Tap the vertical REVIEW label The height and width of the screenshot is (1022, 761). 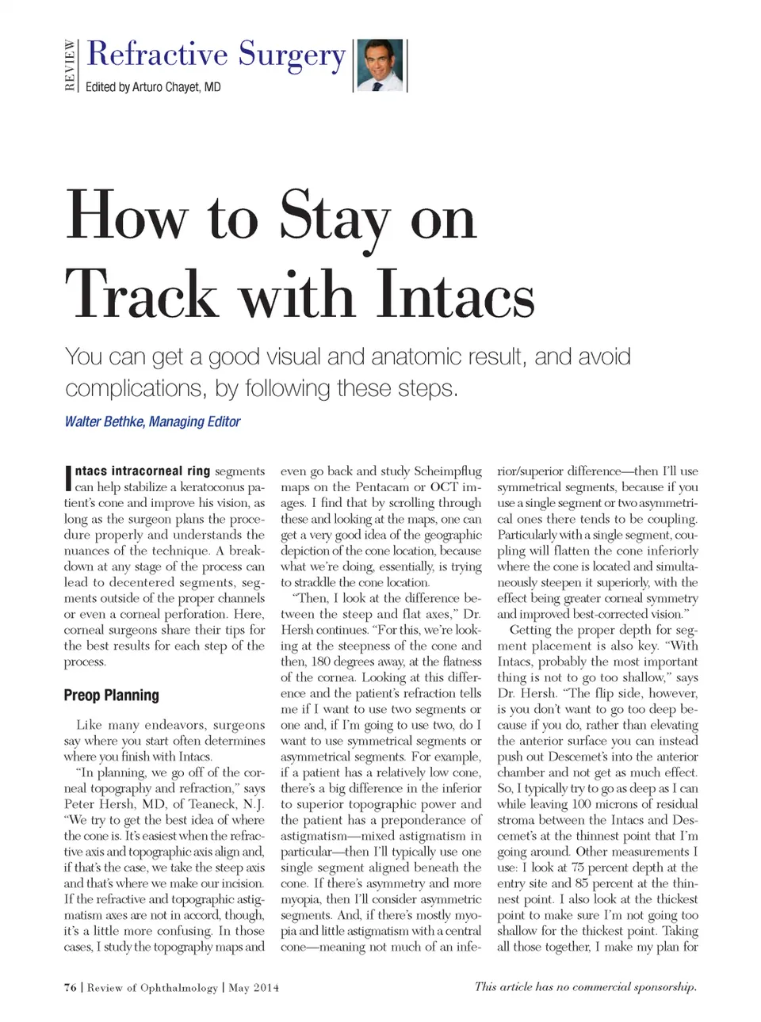(x=71, y=65)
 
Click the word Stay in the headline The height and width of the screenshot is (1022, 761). (x=335, y=217)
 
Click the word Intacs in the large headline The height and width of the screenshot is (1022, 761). (x=455, y=296)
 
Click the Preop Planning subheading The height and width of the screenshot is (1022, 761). (x=111, y=695)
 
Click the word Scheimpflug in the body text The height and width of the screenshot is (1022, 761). (x=447, y=471)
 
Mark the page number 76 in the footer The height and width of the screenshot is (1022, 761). (x=71, y=987)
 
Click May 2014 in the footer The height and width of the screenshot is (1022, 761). (x=254, y=987)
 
